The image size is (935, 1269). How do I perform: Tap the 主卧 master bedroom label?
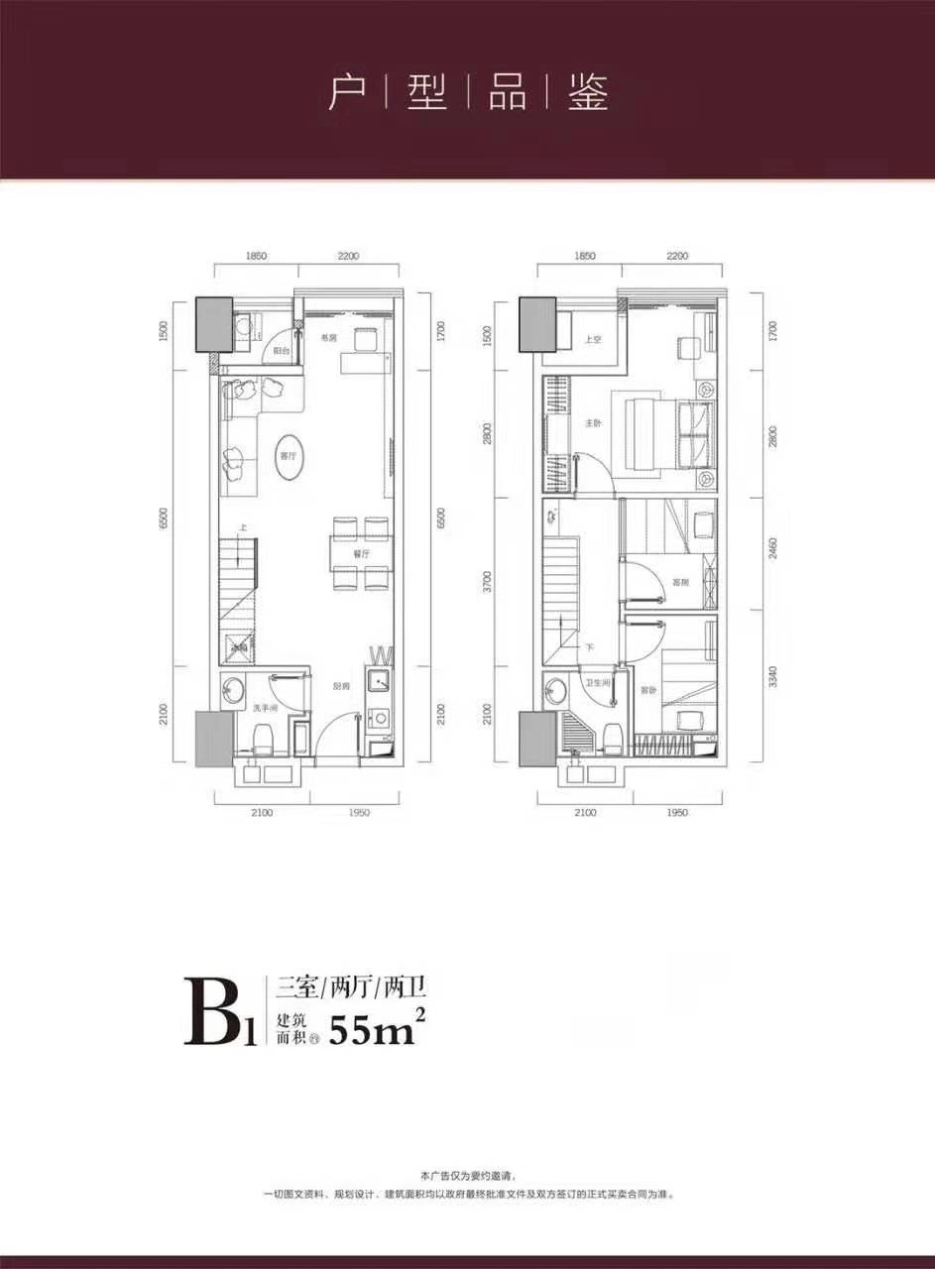593,422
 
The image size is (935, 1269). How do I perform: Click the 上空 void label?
593,339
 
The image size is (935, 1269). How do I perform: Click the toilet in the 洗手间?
263,738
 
